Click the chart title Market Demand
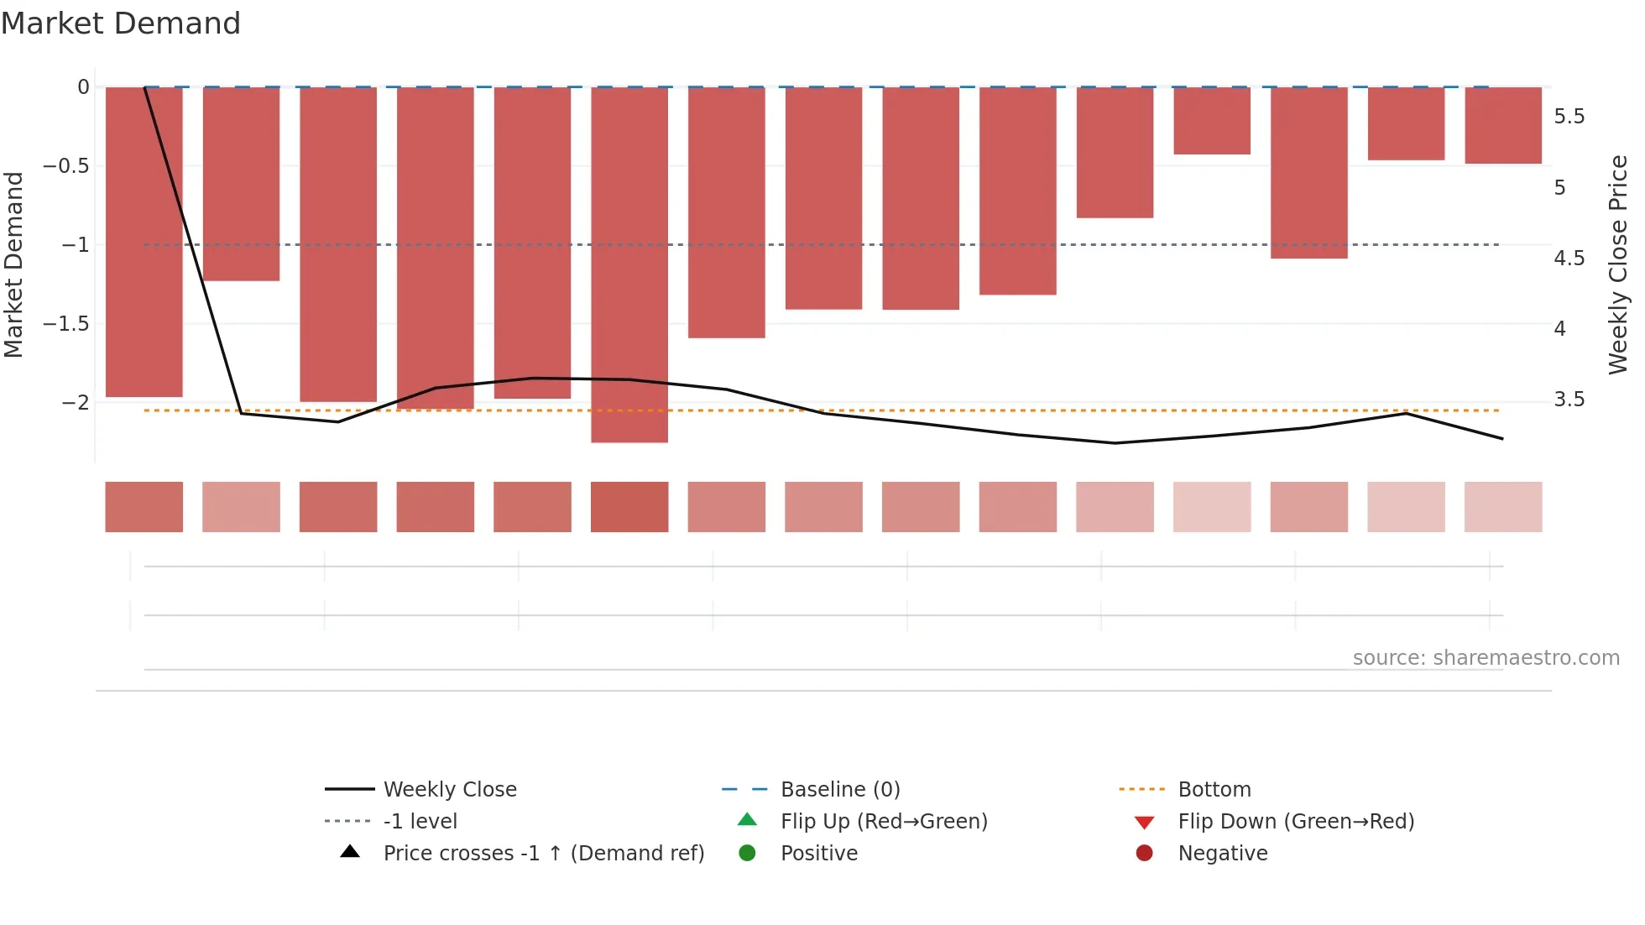121,24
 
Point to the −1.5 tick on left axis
66,324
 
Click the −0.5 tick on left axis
66,166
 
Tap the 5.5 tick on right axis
1569,117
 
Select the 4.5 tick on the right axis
1569,259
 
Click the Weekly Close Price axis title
1617,264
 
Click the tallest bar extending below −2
629,264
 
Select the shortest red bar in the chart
1212,121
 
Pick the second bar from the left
241,184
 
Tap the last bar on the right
1502,125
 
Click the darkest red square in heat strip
629,507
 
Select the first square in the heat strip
144,507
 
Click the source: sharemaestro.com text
1486,658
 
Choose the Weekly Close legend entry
450,790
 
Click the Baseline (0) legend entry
839,790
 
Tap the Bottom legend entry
1214,790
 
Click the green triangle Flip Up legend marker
747,820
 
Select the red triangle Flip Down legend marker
1144,823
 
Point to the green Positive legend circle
747,854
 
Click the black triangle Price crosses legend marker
350,852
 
